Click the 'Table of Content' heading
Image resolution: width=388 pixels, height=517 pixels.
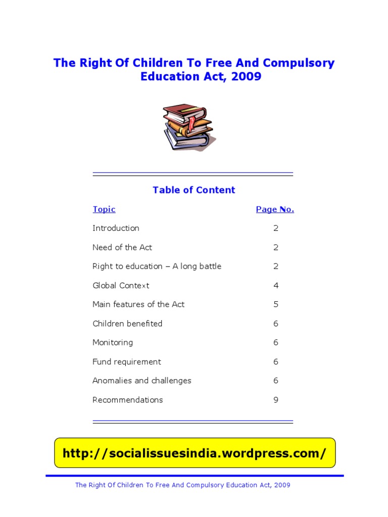pyautogui.click(x=194, y=190)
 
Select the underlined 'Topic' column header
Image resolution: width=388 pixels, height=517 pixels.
pyautogui.click(x=104, y=210)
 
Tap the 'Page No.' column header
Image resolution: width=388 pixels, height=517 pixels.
pyautogui.click(x=275, y=210)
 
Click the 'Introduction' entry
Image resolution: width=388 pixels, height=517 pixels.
pyautogui.click(x=116, y=228)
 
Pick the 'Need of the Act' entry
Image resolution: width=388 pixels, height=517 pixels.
pyautogui.click(x=122, y=247)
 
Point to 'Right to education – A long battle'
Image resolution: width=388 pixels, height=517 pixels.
pyautogui.click(x=157, y=267)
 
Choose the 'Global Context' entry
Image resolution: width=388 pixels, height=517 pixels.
pyautogui.click(x=121, y=286)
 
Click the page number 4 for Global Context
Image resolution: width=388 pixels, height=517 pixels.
pyautogui.click(x=276, y=286)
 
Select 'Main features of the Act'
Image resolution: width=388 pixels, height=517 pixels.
pyautogui.click(x=138, y=304)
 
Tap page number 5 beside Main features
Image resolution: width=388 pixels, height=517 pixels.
pyautogui.click(x=276, y=304)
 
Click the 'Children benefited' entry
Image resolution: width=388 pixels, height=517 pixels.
pyautogui.click(x=127, y=324)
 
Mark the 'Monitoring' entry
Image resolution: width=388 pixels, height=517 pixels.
pyautogui.click(x=113, y=343)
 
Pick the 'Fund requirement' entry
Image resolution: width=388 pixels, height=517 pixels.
pyautogui.click(x=127, y=362)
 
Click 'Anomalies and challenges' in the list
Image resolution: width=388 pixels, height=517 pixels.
pyautogui.click(x=142, y=381)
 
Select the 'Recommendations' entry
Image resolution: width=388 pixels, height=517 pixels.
pyautogui.click(x=128, y=400)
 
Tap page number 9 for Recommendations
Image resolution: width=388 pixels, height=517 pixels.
pyautogui.click(x=276, y=400)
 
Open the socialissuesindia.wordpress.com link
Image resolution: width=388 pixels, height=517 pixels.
pyautogui.click(x=195, y=453)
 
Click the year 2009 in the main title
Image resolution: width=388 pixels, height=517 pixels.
pyautogui.click(x=247, y=77)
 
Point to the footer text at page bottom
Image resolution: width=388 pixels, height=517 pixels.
pyautogui.click(x=182, y=485)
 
